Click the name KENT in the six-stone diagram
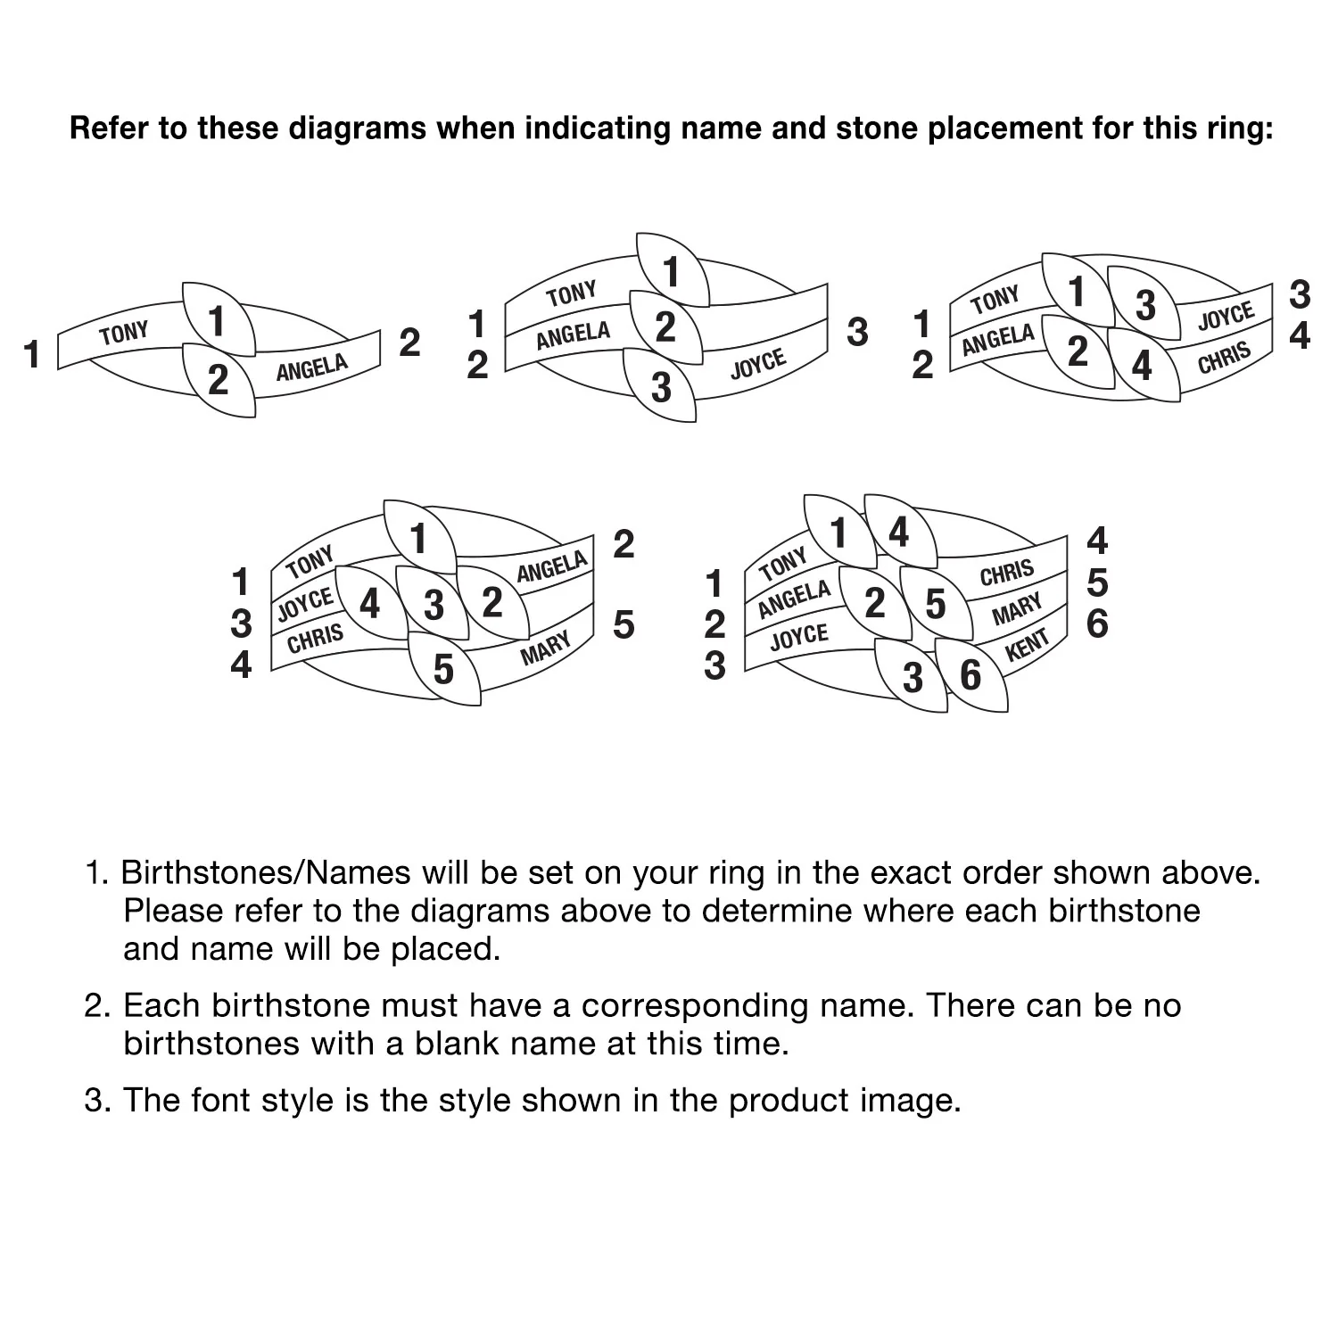pyautogui.click(x=1027, y=645)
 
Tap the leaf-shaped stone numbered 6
pyautogui.click(x=971, y=675)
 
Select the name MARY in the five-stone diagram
pyautogui.click(x=545, y=648)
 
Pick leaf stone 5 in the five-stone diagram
pyautogui.click(x=444, y=669)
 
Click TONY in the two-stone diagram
pyautogui.click(x=124, y=334)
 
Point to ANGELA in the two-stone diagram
pyautogui.click(x=311, y=368)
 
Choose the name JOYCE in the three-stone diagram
pyautogui.click(x=758, y=363)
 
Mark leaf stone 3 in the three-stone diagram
pyautogui.click(x=660, y=385)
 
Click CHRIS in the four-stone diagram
pyautogui.click(x=1224, y=359)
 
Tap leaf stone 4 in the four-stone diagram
pyautogui.click(x=1143, y=365)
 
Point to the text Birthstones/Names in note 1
pyautogui.click(x=266, y=872)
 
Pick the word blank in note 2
pyautogui.click(x=455, y=1043)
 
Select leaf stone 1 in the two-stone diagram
pyautogui.click(x=219, y=319)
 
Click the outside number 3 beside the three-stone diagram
pyautogui.click(x=857, y=332)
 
